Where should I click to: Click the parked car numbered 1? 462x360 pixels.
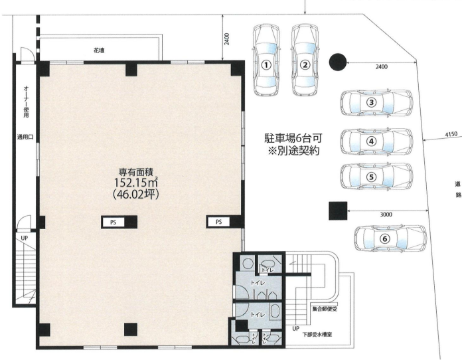coord(266,60)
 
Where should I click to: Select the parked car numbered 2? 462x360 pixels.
coord(305,60)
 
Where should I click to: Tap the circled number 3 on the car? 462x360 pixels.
coord(372,102)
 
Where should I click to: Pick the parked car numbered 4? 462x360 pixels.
coord(376,141)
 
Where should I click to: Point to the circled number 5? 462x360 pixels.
coord(372,177)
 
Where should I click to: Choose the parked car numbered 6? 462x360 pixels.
coord(390,238)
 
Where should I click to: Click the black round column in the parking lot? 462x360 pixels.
coord(338,62)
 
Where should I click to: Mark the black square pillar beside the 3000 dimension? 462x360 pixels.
coord(338,211)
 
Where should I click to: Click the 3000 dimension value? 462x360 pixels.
coord(386,215)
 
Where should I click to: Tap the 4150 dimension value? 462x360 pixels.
coord(451,134)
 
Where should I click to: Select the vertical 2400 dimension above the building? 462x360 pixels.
coord(226,39)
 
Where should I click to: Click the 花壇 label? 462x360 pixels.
coord(99,50)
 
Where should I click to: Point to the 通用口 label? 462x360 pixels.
coord(25,137)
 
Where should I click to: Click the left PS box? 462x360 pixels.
coord(113,223)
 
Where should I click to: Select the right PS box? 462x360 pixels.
coord(218,222)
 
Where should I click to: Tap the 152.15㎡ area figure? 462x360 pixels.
coord(135,183)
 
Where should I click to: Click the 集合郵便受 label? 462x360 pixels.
coord(325,309)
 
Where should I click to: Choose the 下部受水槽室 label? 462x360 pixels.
coord(317,335)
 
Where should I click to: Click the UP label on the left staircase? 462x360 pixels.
coord(24,238)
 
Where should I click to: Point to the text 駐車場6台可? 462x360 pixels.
coord(293,138)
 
